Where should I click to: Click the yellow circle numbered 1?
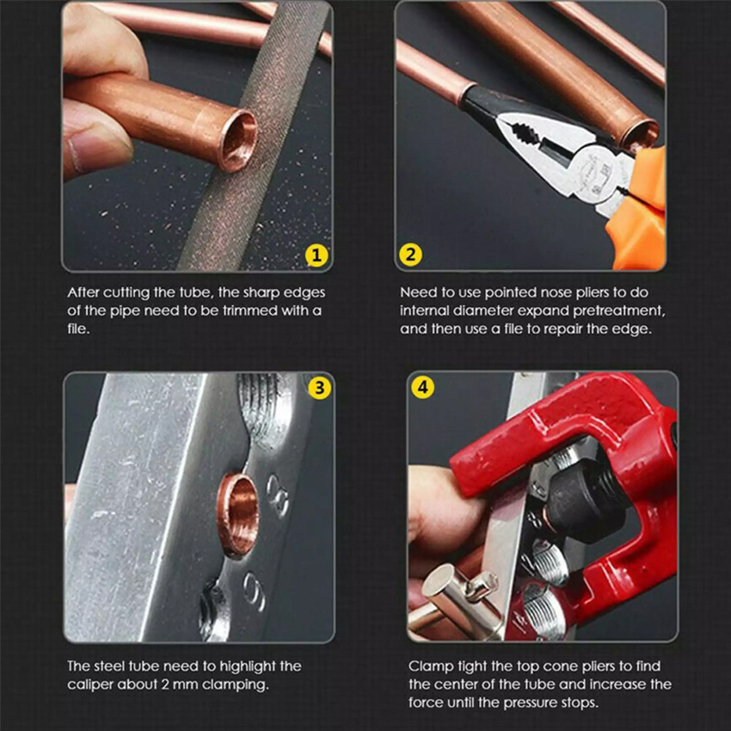(316, 255)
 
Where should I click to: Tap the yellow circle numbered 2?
(410, 255)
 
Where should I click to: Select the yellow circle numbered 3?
(319, 387)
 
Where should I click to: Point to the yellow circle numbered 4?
(423, 387)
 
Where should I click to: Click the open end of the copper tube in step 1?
(239, 140)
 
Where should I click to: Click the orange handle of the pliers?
(639, 210)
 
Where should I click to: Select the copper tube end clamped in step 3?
(238, 515)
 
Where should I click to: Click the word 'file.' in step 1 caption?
(78, 329)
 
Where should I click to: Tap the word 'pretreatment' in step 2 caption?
(618, 310)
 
